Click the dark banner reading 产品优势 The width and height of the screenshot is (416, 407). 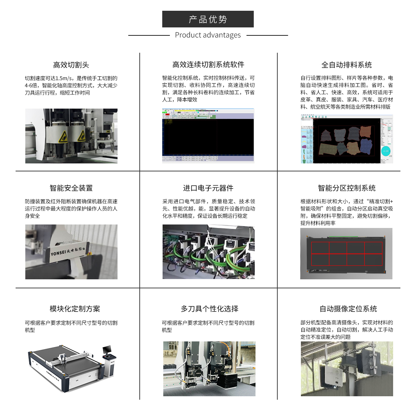pyautogui.click(x=208, y=19)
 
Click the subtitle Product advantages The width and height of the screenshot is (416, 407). pyautogui.click(x=208, y=35)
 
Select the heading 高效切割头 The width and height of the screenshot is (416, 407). pyautogui.click(x=71, y=65)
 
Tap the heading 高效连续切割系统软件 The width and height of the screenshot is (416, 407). pyautogui.click(x=208, y=65)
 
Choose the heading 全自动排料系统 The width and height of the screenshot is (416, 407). pyautogui.click(x=347, y=65)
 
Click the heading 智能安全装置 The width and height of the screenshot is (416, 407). pyautogui.click(x=71, y=188)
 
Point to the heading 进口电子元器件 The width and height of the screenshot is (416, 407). pyautogui.click(x=208, y=188)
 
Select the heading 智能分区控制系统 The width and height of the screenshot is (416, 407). pyautogui.click(x=347, y=188)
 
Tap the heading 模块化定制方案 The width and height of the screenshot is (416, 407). pyautogui.click(x=75, y=309)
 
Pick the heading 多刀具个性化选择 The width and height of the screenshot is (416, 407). pyautogui.click(x=210, y=309)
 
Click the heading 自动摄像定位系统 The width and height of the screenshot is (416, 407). pyautogui.click(x=348, y=309)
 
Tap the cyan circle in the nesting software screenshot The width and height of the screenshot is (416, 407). pyautogui.click(x=386, y=151)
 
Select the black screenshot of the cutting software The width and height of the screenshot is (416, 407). pyautogui.click(x=208, y=137)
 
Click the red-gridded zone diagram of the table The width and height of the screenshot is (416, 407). pyautogui.click(x=347, y=254)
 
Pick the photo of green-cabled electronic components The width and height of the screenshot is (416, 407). pyautogui.click(x=208, y=252)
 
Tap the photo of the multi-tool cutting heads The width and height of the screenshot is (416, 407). pyautogui.click(x=209, y=368)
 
